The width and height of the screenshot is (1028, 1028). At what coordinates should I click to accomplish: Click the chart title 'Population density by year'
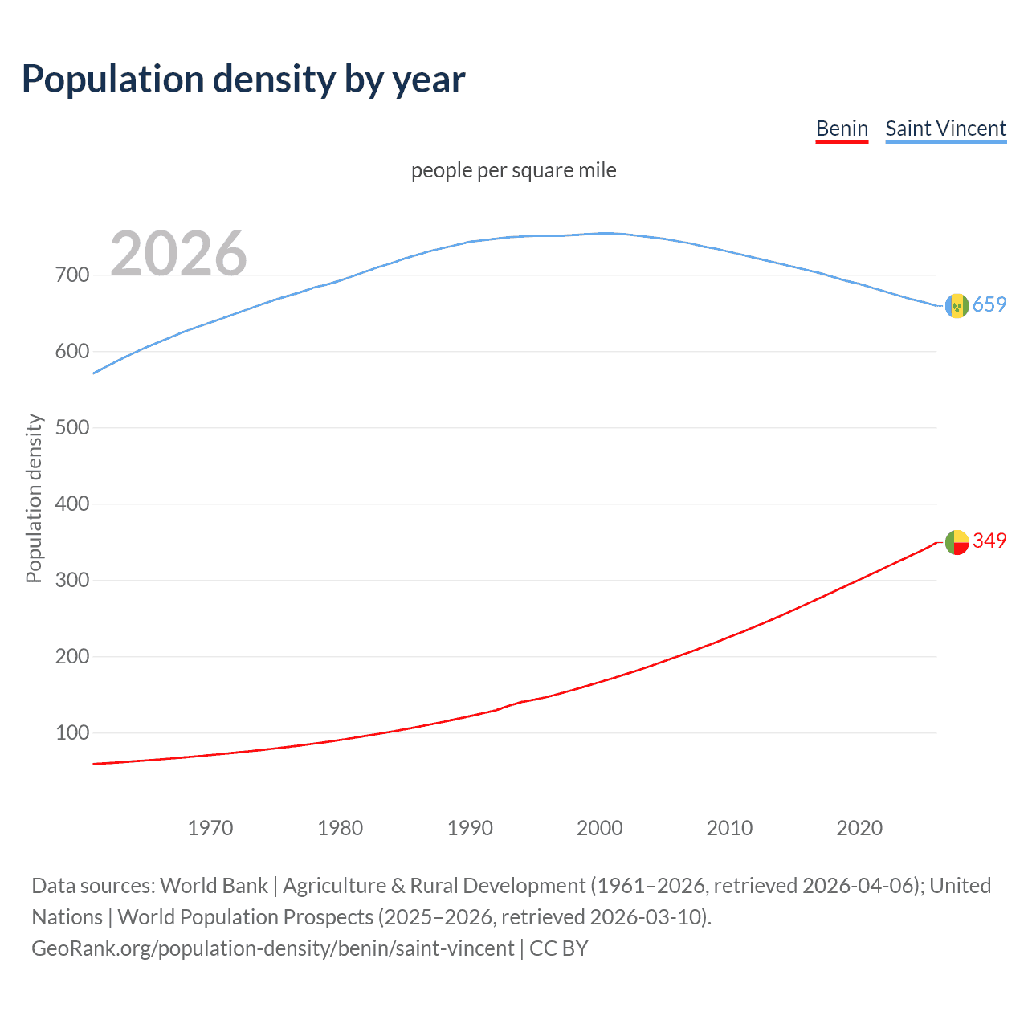(x=243, y=80)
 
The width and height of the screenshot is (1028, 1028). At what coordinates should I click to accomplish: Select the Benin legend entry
(x=842, y=128)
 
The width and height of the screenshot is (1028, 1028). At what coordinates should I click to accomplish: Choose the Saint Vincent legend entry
(x=945, y=128)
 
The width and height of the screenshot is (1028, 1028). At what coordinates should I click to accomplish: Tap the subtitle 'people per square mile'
(x=513, y=170)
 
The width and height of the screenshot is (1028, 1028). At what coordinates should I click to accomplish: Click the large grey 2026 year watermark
(x=178, y=254)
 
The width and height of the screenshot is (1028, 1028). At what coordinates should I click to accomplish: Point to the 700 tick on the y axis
(x=72, y=275)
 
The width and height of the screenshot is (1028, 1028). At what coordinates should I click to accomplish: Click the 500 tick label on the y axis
(x=72, y=427)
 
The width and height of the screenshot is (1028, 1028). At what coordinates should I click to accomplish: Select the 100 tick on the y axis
(x=72, y=732)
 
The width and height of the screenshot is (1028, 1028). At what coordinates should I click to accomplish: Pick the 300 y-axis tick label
(x=72, y=580)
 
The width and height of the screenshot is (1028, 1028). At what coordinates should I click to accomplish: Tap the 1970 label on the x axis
(x=210, y=828)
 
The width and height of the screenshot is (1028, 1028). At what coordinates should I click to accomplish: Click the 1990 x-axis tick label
(x=470, y=828)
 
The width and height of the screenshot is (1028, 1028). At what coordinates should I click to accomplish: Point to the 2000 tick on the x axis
(x=600, y=828)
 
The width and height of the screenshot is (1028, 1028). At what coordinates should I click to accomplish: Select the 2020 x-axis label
(x=859, y=828)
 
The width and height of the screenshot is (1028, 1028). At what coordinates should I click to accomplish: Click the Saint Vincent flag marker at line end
(x=957, y=306)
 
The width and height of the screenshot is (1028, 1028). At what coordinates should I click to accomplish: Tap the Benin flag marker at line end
(x=957, y=542)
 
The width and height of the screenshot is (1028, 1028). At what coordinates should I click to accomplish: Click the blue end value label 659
(x=989, y=304)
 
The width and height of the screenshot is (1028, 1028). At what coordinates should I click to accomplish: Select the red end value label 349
(x=989, y=541)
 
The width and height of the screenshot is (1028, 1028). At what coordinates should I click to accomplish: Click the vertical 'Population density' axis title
(x=34, y=498)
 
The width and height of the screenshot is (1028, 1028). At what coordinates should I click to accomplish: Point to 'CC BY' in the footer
(x=559, y=948)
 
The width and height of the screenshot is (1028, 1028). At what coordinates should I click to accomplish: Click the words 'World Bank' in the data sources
(x=214, y=886)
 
